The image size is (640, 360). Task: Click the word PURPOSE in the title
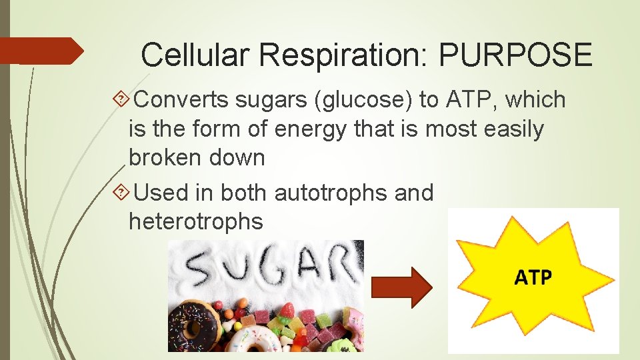(515, 55)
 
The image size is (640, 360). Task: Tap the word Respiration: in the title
(345, 55)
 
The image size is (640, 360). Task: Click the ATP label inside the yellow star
(533, 276)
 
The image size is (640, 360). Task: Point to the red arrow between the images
(401, 287)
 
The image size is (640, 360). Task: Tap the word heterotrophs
(195, 221)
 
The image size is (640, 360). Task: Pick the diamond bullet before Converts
(121, 101)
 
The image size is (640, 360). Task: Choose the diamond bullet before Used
(121, 193)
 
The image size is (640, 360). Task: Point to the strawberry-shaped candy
(287, 309)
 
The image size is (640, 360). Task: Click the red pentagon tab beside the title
(40, 51)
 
